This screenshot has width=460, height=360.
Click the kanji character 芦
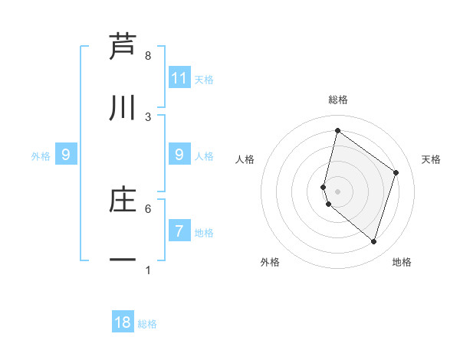click(x=123, y=47)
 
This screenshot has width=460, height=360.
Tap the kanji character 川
click(x=123, y=109)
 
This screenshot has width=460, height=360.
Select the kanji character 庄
click(x=123, y=200)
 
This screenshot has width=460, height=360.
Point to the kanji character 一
click(x=123, y=261)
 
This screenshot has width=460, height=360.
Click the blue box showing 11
click(x=179, y=77)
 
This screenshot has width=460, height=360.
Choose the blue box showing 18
click(x=123, y=322)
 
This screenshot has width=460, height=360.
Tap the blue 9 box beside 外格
click(x=66, y=155)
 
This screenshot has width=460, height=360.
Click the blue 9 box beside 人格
click(x=179, y=155)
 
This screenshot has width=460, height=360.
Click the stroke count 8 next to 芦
click(x=148, y=56)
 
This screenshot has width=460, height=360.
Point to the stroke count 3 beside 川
click(x=148, y=116)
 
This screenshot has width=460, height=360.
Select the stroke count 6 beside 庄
click(x=148, y=208)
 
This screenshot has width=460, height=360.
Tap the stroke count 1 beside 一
click(x=148, y=270)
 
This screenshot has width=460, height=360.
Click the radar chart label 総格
click(x=338, y=100)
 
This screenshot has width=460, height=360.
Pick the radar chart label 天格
click(x=431, y=159)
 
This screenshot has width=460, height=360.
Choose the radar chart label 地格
click(x=402, y=262)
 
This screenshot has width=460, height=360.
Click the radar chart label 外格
click(x=270, y=262)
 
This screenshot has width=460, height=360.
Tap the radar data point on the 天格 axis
click(x=396, y=172)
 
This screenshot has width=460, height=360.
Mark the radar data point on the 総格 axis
click(x=337, y=130)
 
